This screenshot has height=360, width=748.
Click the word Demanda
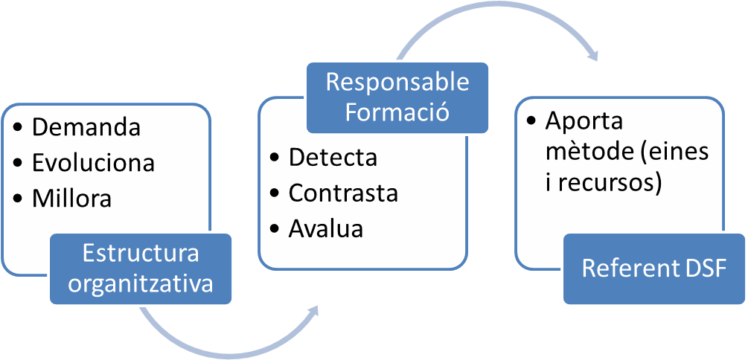pos(86,127)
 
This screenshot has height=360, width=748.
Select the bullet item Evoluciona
pos(93,163)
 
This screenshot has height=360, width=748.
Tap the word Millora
pos(71,199)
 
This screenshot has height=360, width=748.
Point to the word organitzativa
pos(141,283)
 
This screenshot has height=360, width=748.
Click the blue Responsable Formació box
pos(397,97)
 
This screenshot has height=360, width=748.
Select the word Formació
pos(397,113)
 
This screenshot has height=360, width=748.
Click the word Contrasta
pos(343,193)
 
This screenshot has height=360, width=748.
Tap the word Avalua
pos(326,229)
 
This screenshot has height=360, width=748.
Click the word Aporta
pos(573,120)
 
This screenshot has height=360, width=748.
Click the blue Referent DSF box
pos(654,269)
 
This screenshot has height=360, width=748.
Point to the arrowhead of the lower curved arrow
pos(316,309)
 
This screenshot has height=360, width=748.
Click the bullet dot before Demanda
pos(18,128)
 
